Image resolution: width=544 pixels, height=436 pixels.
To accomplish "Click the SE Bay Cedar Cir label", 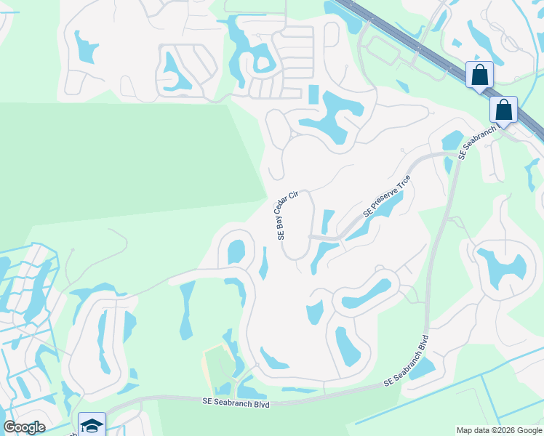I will [287, 216].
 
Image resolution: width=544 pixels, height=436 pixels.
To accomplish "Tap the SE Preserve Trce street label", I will [387, 197].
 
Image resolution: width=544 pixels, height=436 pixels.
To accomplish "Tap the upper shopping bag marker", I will [479, 75].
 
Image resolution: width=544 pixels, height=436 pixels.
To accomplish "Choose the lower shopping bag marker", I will [503, 110].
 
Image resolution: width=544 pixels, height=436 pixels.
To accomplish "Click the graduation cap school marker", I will [92, 425].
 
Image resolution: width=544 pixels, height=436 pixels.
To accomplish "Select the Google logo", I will [24, 427].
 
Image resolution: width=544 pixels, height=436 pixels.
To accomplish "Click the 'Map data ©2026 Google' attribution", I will [499, 430].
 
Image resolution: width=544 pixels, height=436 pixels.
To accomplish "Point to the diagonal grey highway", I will [436, 54].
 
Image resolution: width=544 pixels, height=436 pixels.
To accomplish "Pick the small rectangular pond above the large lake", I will [313, 94].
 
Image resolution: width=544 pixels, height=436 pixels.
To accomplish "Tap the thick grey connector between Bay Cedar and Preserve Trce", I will [324, 238].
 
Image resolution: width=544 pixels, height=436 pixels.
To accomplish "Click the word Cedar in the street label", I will [287, 209].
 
